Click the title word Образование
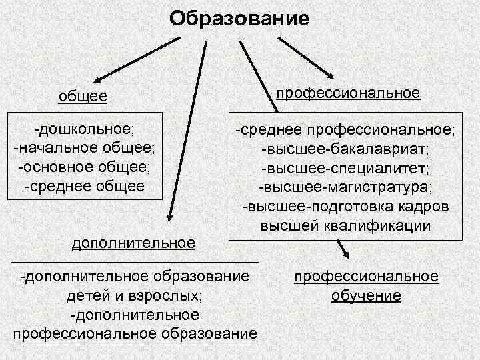coord(239,17)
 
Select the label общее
coord(83,97)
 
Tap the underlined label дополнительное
coord(133,243)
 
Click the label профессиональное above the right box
coord(348,91)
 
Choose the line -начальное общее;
coord(84,145)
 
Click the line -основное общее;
coord(84,165)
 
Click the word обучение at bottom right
coord(366,295)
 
